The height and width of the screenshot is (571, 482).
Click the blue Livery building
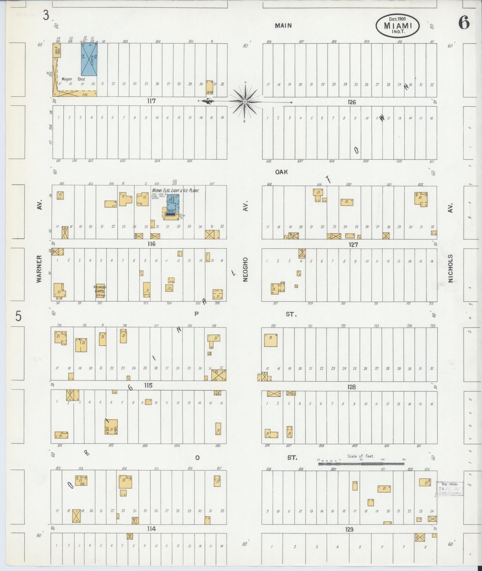(x=89, y=59)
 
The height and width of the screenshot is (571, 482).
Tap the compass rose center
(x=245, y=102)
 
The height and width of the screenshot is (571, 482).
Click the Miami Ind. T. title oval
(x=397, y=26)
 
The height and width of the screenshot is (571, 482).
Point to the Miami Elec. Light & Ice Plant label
(x=175, y=190)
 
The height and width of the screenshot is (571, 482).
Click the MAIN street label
(x=283, y=26)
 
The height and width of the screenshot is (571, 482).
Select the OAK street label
(x=281, y=172)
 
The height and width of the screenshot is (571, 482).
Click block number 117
(x=151, y=101)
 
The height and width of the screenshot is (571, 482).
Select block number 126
(x=352, y=102)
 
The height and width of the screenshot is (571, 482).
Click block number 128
(x=351, y=387)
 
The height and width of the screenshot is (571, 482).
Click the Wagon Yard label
(x=73, y=79)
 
